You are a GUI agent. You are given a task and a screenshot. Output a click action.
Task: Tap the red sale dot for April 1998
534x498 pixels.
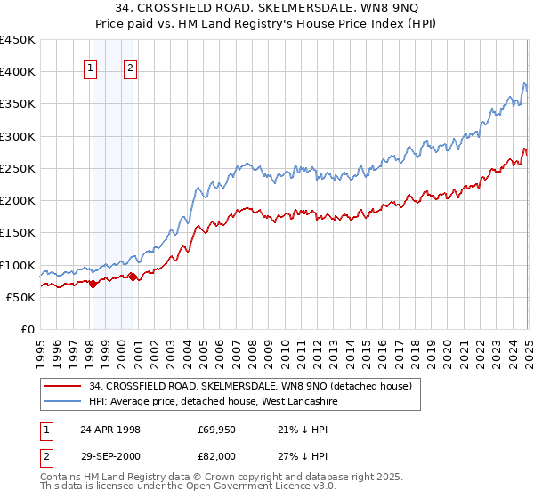click(x=93, y=285)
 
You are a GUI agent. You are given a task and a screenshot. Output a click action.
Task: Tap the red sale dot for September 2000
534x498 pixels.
click(x=133, y=277)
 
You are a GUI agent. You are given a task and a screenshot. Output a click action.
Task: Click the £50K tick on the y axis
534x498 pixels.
click(x=20, y=297)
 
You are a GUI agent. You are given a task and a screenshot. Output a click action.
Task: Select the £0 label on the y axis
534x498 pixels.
click(x=28, y=329)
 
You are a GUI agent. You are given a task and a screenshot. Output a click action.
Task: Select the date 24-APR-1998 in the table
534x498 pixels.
click(x=110, y=430)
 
